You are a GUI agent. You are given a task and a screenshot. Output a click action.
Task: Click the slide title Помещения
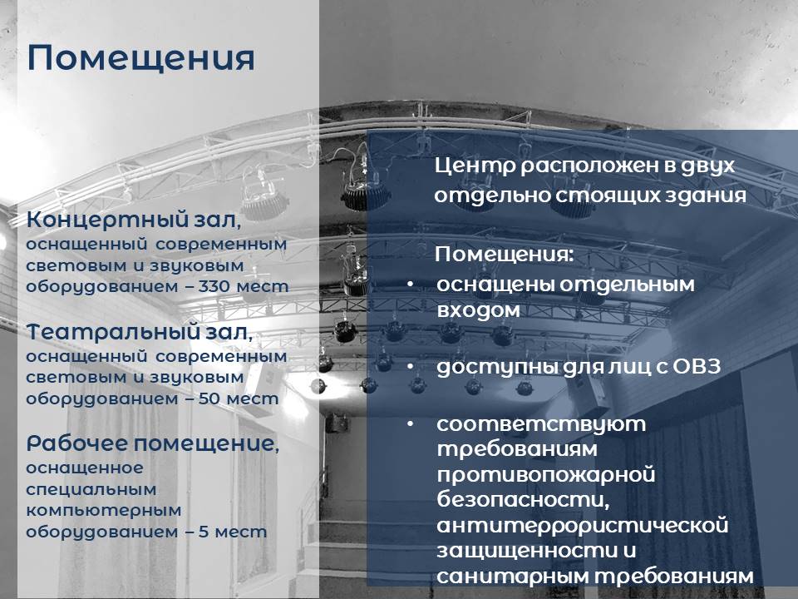[x=140, y=58]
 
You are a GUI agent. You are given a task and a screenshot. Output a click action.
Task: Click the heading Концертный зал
[x=134, y=220]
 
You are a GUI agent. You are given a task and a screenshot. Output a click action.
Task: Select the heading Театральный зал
[x=140, y=332]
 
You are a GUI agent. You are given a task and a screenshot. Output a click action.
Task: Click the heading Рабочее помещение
[x=153, y=443]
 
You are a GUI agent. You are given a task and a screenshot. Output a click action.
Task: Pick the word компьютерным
[x=104, y=511]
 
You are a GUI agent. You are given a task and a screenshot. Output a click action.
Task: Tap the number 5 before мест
[x=204, y=532]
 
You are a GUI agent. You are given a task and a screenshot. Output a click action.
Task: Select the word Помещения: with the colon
[x=505, y=255]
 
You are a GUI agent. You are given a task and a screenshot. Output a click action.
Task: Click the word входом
[x=479, y=309]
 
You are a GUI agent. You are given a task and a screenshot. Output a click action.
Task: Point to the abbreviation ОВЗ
[x=697, y=366]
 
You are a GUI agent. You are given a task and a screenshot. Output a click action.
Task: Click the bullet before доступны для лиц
[x=410, y=366]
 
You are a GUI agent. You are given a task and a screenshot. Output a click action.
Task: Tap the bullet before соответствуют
[x=410, y=423]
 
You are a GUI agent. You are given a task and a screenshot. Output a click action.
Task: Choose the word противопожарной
[x=546, y=476]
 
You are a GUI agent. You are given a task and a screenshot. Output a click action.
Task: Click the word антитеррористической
[x=583, y=526]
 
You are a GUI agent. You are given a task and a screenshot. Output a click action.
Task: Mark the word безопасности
[x=523, y=500]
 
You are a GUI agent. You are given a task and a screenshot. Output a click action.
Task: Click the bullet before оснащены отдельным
[x=410, y=285]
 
